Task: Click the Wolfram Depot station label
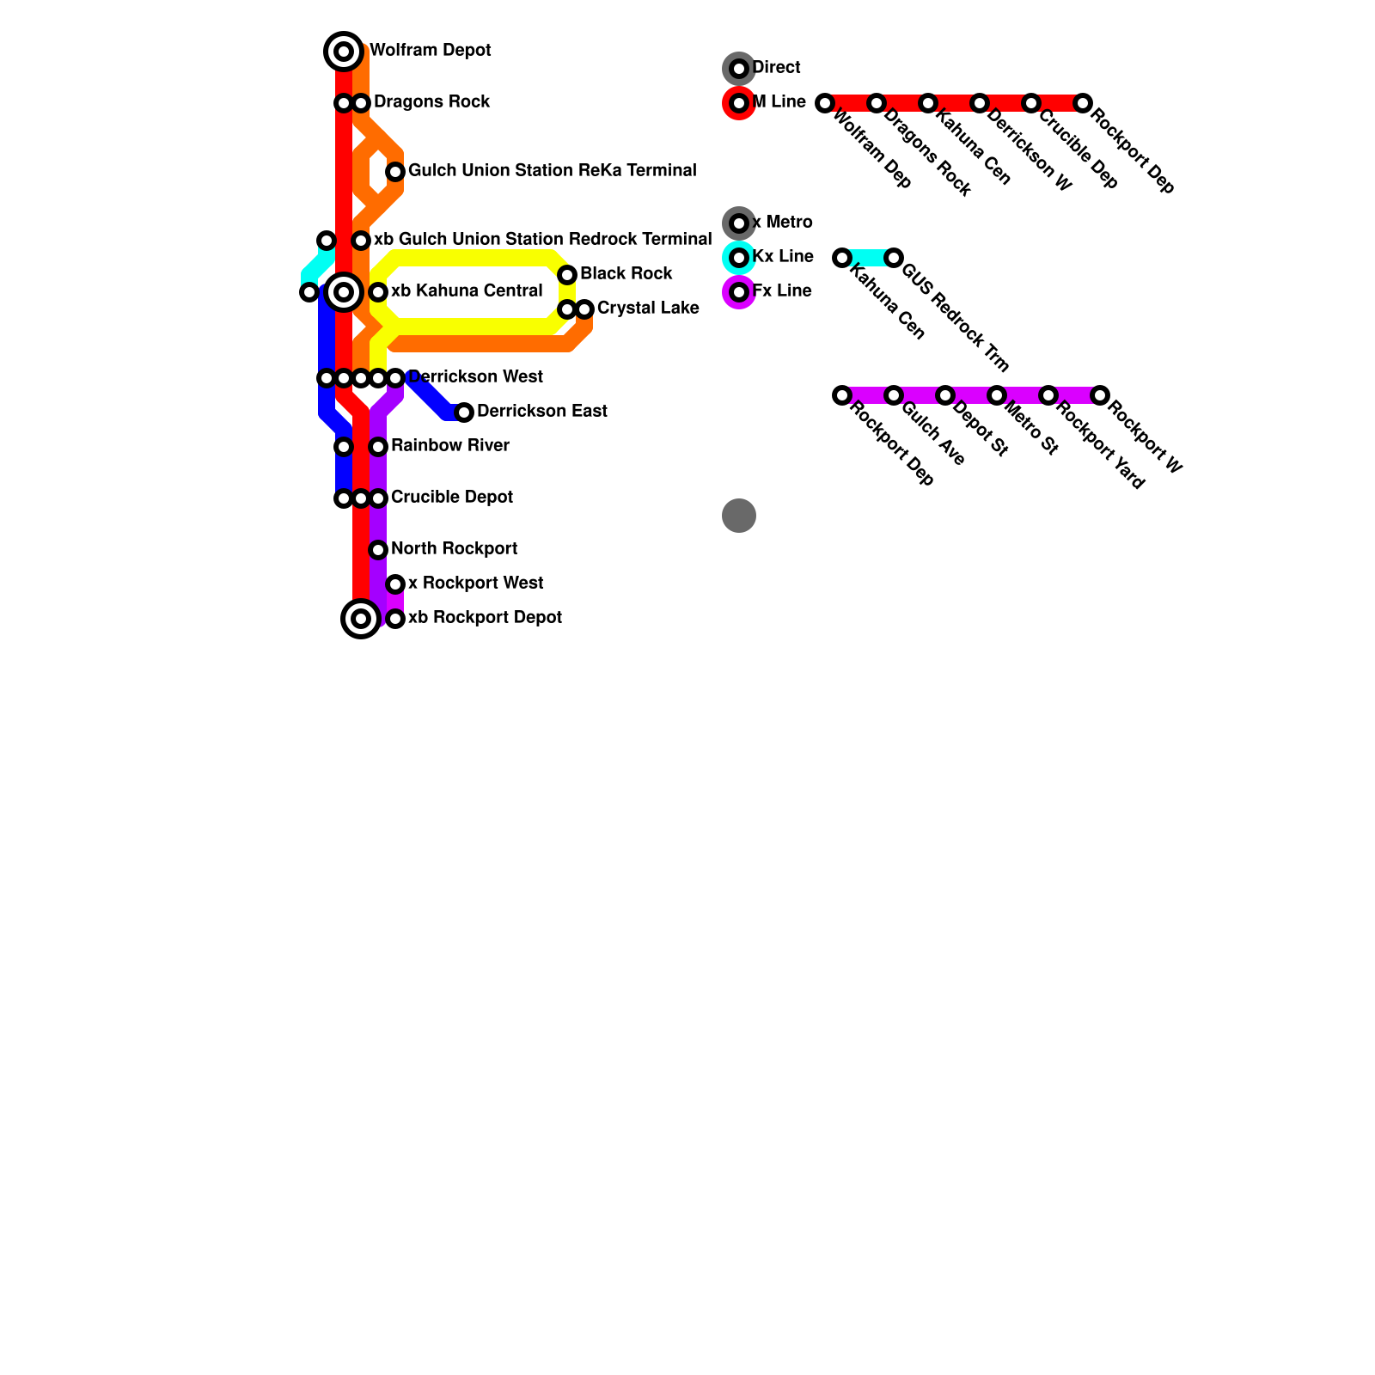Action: tap(430, 51)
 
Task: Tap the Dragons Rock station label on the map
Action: tap(431, 102)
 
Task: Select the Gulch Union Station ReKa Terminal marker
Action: tap(395, 172)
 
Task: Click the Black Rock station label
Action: tap(626, 274)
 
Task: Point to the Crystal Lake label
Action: tap(647, 309)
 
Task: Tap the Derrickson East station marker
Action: tap(464, 412)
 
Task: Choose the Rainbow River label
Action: tap(449, 446)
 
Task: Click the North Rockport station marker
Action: tap(378, 550)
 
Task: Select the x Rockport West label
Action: tap(475, 584)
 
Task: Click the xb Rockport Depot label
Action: tap(485, 618)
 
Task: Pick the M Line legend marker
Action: tap(739, 103)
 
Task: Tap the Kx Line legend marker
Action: tap(739, 258)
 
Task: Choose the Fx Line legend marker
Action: tap(739, 292)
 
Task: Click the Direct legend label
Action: tap(776, 68)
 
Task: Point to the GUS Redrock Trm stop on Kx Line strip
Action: tap(894, 258)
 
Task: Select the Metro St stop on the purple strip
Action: tap(997, 395)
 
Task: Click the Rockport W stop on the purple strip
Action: tap(1100, 395)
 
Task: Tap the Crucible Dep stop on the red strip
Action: tap(1031, 103)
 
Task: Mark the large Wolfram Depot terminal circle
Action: tap(344, 52)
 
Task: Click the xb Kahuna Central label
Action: tap(467, 291)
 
